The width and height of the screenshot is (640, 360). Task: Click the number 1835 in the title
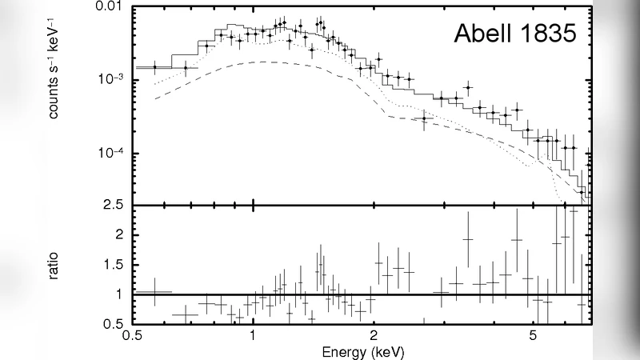548,34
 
